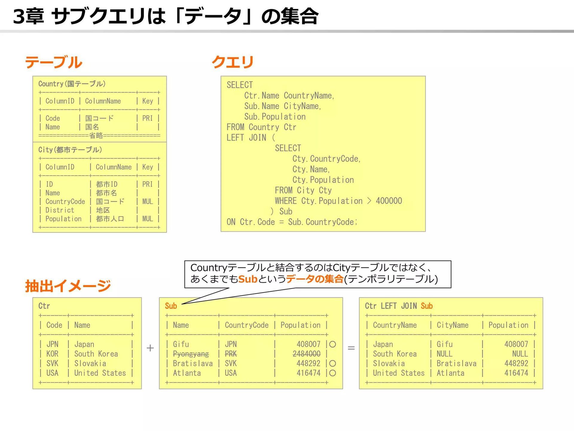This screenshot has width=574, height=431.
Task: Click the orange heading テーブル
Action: [x=54, y=62]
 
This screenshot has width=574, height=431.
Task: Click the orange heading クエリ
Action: [x=233, y=62]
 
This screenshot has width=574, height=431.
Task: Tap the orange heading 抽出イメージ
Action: [x=68, y=286]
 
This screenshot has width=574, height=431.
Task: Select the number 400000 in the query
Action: [x=389, y=201]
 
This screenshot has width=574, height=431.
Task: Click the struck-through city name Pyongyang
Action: [x=191, y=354]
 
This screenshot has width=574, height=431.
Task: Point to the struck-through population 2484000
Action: [x=306, y=354]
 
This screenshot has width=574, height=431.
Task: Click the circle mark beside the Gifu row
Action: [x=332, y=344]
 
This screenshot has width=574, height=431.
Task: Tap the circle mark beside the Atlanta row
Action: [x=332, y=373]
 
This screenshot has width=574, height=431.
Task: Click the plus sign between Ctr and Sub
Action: [x=150, y=348]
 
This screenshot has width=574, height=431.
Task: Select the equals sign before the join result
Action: [x=351, y=348]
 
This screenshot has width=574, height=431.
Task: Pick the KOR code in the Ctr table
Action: [x=52, y=354]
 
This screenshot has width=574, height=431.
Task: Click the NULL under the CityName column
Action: [x=444, y=354]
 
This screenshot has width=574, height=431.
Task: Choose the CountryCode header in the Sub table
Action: [x=247, y=325]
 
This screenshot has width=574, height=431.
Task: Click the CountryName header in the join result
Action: [x=395, y=325]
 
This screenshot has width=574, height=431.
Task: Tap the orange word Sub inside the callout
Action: [x=248, y=279]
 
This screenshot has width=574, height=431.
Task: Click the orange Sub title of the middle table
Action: [x=171, y=306]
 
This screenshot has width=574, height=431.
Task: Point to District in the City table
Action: [x=60, y=210]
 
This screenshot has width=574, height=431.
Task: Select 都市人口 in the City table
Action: [x=110, y=219]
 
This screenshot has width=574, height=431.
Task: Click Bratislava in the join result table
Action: [x=457, y=363]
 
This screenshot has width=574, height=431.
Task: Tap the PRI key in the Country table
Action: [x=147, y=118]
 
